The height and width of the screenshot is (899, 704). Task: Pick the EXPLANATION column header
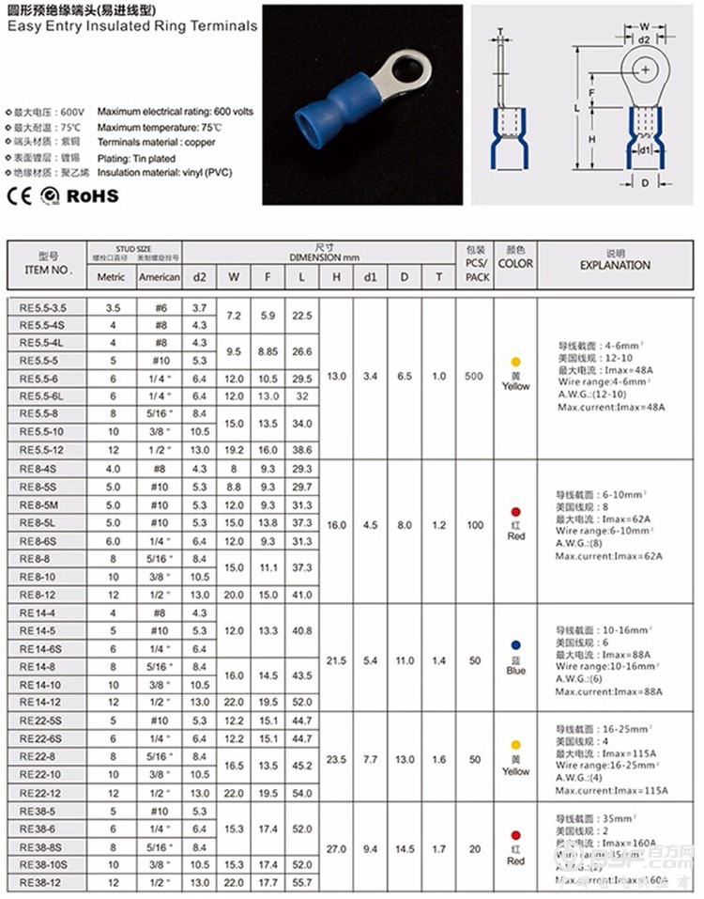pyautogui.click(x=615, y=265)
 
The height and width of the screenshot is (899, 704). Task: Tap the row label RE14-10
pyautogui.click(x=41, y=685)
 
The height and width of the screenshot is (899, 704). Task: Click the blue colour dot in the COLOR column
pyautogui.click(x=515, y=645)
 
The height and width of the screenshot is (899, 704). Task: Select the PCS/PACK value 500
pyautogui.click(x=474, y=376)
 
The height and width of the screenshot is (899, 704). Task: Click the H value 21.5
pyautogui.click(x=335, y=660)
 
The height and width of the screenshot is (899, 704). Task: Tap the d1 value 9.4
pyautogui.click(x=370, y=848)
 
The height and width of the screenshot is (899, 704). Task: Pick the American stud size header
pyautogui.click(x=159, y=277)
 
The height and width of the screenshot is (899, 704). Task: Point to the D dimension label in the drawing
pyautogui.click(x=645, y=183)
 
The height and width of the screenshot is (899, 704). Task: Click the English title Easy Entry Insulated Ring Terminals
pyautogui.click(x=131, y=26)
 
